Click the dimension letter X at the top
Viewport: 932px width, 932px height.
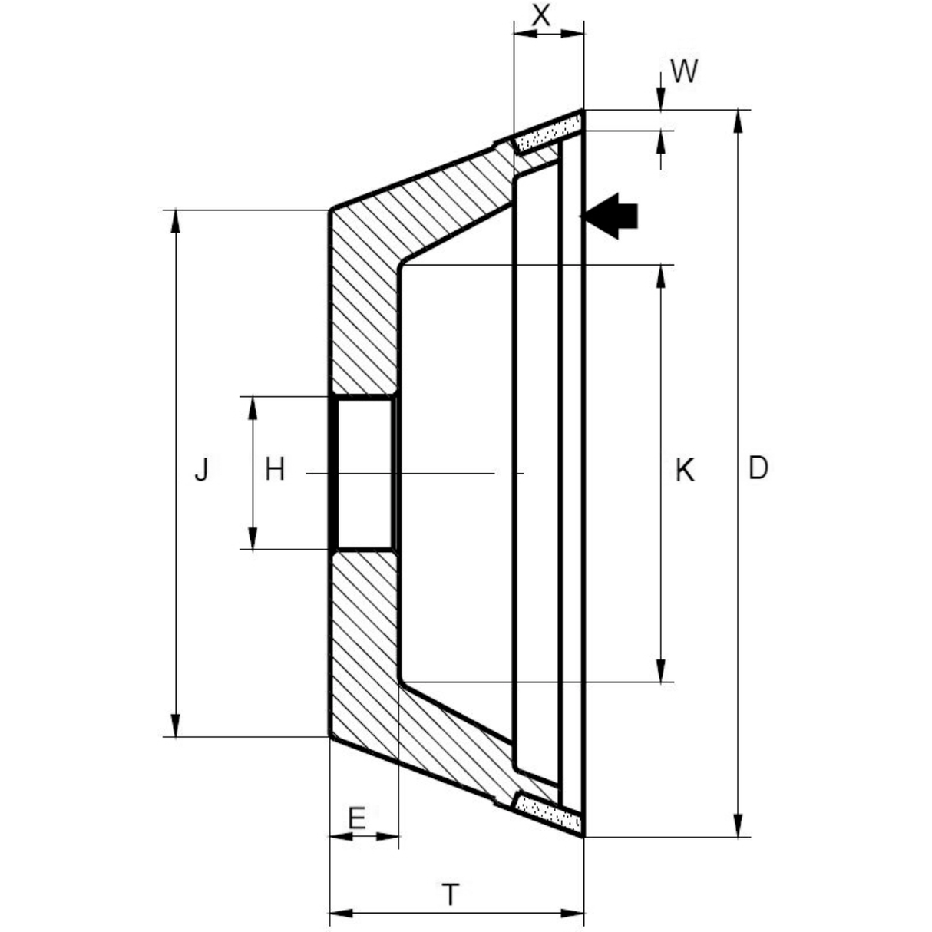[541, 15]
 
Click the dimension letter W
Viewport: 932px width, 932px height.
[684, 71]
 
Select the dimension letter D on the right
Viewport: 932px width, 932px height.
[758, 468]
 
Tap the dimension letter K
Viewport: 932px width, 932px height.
[685, 470]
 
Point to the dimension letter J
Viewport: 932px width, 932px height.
[201, 468]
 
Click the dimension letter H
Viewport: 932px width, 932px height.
[275, 468]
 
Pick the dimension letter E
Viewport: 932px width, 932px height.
[356, 818]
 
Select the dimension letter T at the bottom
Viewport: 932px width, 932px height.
[451, 894]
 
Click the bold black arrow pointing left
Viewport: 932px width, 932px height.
[610, 216]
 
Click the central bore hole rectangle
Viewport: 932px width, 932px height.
[365, 473]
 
